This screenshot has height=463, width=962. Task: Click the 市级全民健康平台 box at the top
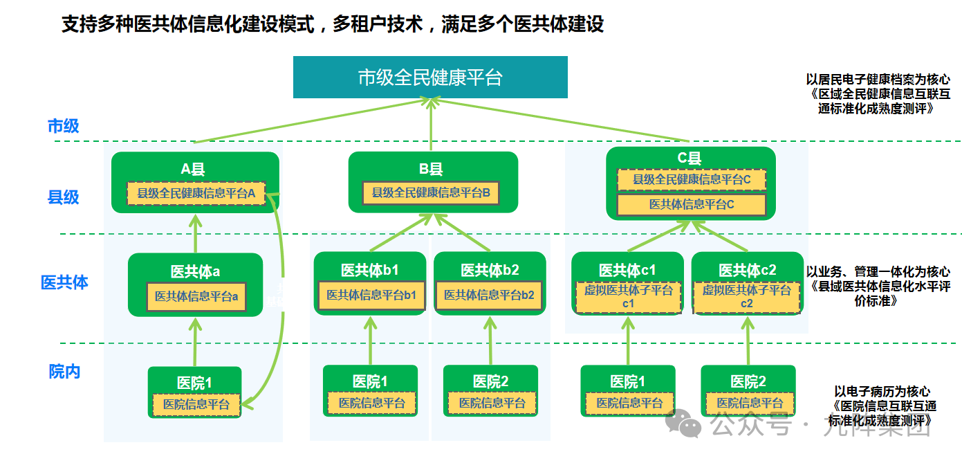tap(430, 77)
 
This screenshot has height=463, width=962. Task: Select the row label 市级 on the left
tap(63, 126)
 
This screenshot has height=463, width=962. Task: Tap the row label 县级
tap(63, 197)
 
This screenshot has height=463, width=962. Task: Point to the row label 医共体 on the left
tap(64, 282)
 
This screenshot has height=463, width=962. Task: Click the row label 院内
tap(64, 372)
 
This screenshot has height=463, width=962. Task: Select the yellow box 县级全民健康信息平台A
tap(196, 194)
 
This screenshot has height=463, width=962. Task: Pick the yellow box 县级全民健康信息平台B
tap(431, 194)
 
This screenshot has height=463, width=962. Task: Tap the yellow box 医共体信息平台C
tap(691, 205)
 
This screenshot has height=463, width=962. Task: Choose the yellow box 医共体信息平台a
tap(196, 296)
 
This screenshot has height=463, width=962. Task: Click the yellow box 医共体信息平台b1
tap(371, 296)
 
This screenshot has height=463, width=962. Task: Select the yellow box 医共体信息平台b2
tap(489, 296)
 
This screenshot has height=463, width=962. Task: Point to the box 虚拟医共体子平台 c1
tap(628, 297)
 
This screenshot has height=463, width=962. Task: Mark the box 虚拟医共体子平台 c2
tap(747, 297)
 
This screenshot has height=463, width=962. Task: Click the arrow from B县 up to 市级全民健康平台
tap(431, 125)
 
